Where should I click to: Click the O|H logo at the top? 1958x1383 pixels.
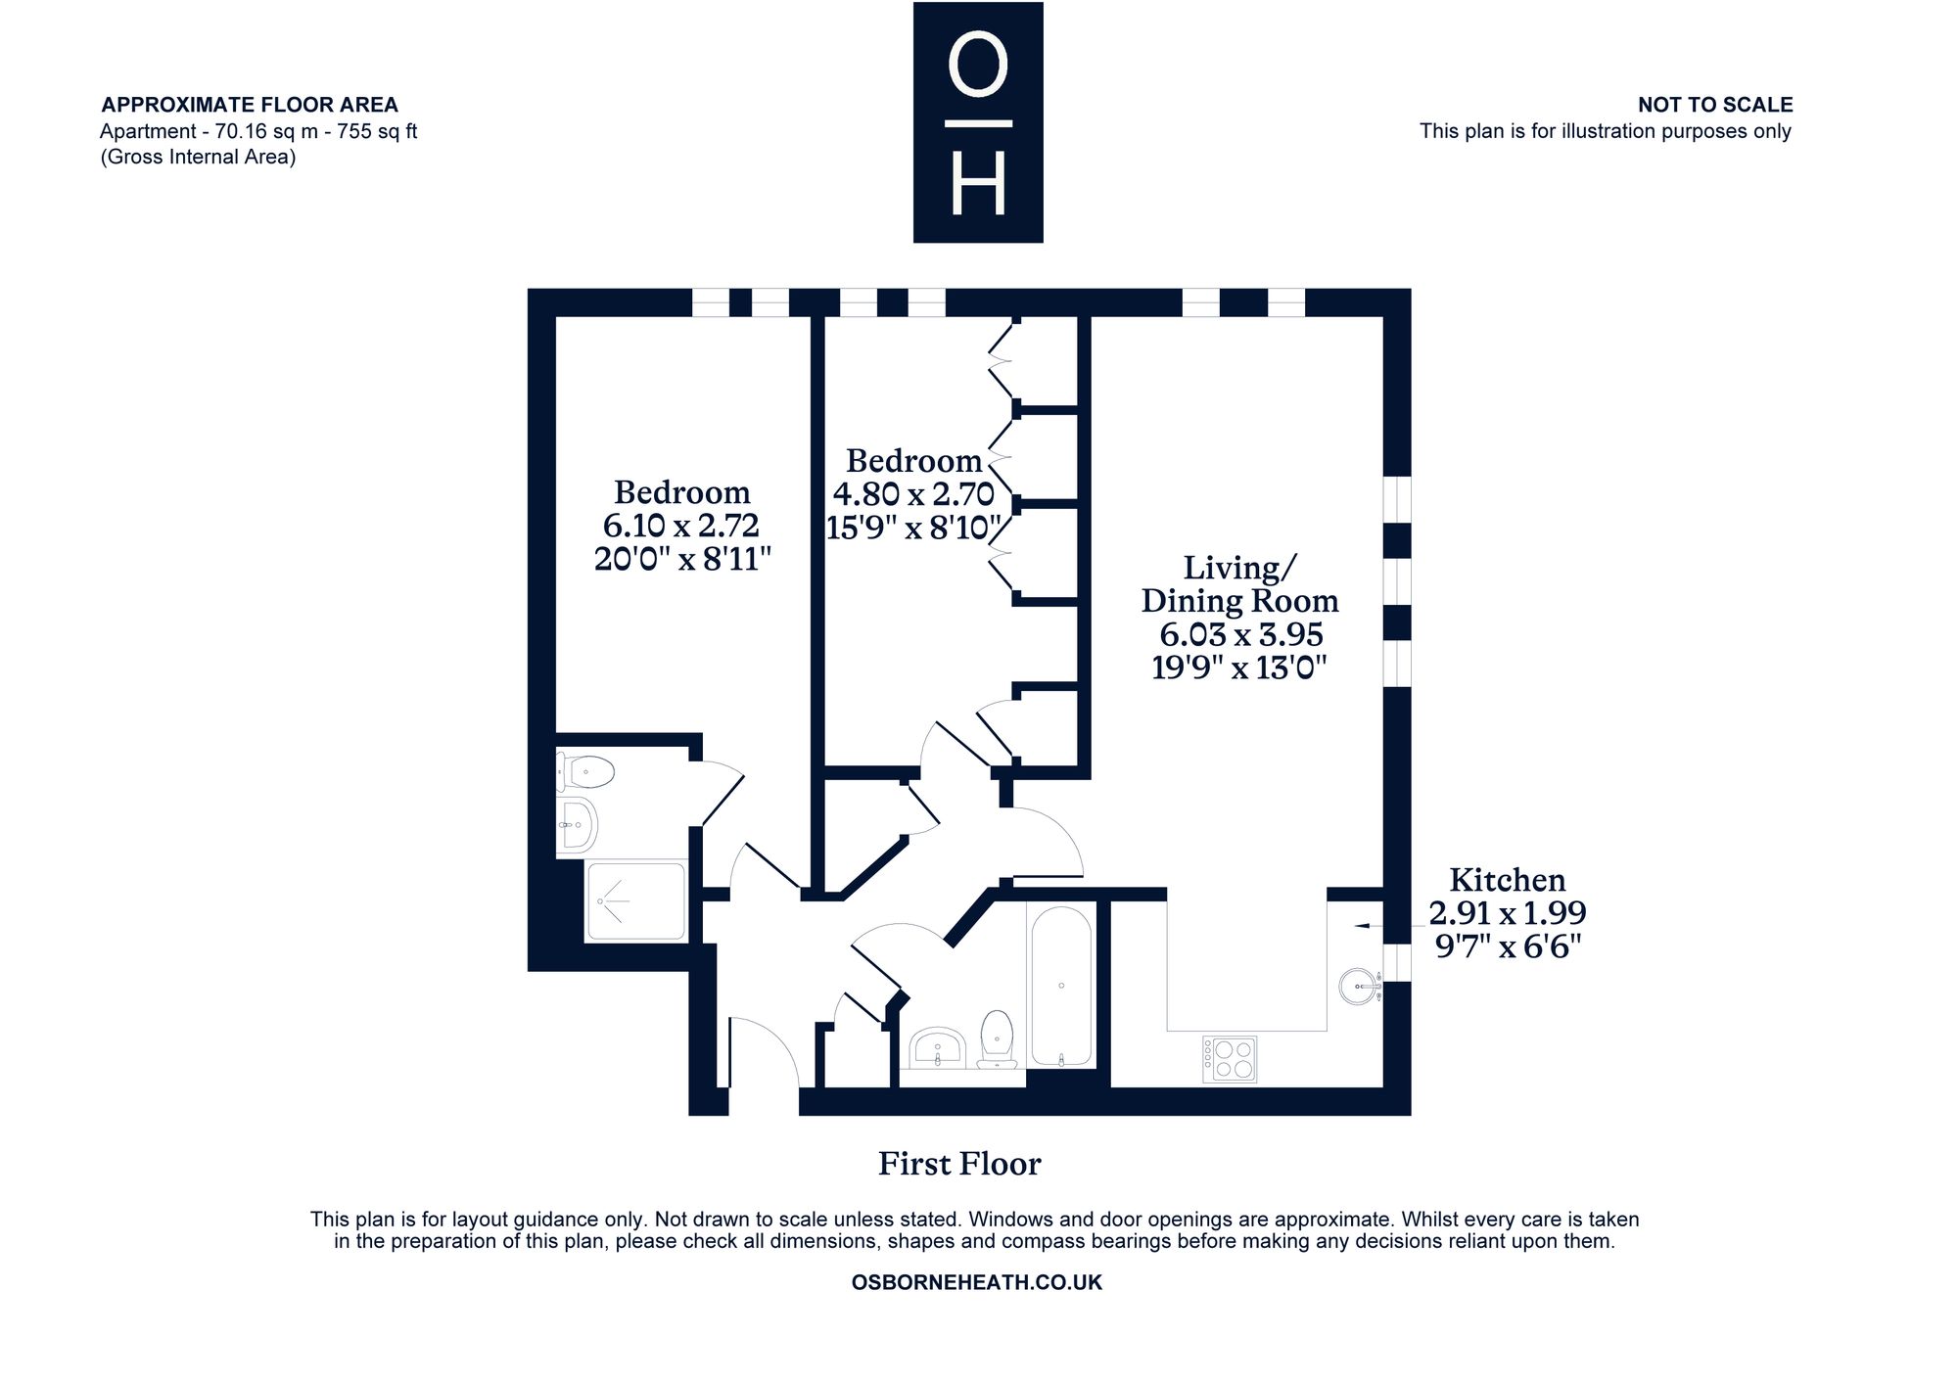[x=978, y=122]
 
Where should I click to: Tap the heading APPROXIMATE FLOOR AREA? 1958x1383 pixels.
[x=250, y=105]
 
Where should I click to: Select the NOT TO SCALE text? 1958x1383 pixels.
[x=1715, y=105]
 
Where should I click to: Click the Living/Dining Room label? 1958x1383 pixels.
[x=1239, y=583]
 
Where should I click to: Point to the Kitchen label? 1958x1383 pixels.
[x=1508, y=879]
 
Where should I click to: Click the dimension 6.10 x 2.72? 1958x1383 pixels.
[x=681, y=526]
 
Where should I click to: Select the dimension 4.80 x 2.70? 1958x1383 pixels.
[x=913, y=493]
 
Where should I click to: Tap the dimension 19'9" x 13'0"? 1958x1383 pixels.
[x=1239, y=668]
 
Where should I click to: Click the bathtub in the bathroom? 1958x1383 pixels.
[x=1061, y=985]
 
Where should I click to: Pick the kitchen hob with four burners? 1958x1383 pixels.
[x=1230, y=1059]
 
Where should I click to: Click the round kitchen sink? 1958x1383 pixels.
[x=1360, y=986]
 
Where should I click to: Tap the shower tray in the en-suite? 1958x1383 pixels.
[x=636, y=900]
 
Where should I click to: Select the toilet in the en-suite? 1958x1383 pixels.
[x=585, y=772]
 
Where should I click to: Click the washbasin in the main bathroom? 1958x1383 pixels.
[x=938, y=1048]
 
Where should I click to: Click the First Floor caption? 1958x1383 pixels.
[x=959, y=1164]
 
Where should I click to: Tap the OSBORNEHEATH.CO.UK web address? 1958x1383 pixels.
[x=977, y=1282]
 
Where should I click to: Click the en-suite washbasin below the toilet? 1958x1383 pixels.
[x=578, y=824]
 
